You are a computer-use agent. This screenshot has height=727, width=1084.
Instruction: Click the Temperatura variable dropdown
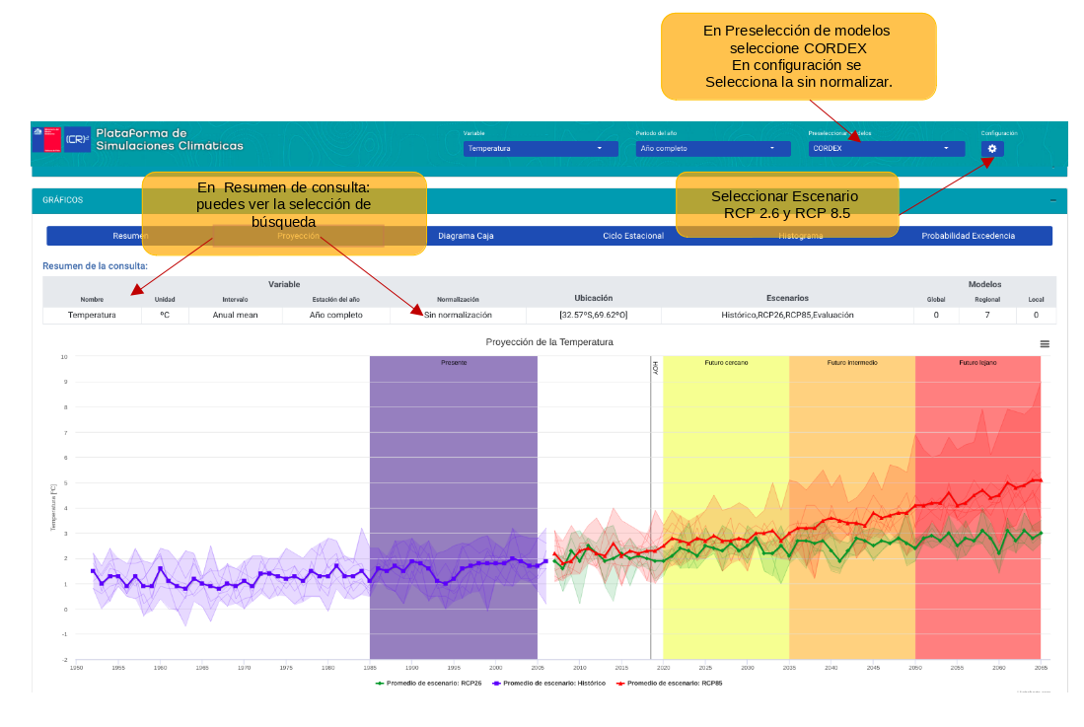click(x=536, y=149)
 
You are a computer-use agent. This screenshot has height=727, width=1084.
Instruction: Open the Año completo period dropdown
click(x=712, y=149)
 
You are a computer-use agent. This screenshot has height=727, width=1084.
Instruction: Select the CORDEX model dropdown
click(x=885, y=149)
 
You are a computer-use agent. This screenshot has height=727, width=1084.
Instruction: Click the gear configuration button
click(x=992, y=149)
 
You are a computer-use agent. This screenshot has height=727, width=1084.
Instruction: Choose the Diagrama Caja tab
click(x=466, y=237)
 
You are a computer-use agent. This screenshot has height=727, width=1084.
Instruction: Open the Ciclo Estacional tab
click(x=633, y=237)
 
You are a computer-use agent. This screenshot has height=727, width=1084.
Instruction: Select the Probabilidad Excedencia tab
click(x=968, y=237)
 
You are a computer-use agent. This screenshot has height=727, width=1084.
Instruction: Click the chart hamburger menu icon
click(x=1045, y=344)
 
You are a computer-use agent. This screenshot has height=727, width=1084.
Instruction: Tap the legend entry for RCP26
click(x=429, y=683)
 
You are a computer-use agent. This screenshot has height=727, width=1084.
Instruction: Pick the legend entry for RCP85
click(x=668, y=683)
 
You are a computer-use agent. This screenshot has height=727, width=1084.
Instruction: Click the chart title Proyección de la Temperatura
click(x=549, y=342)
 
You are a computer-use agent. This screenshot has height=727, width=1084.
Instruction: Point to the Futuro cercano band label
click(x=726, y=363)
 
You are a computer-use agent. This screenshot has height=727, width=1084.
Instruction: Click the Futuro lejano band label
click(x=977, y=363)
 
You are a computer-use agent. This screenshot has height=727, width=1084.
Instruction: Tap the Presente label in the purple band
click(x=454, y=363)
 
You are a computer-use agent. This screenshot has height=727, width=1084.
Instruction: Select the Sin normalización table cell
click(x=458, y=315)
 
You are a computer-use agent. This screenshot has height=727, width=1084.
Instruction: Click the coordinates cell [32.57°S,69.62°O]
click(x=594, y=315)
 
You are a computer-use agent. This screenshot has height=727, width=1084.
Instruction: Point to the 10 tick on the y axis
click(x=64, y=358)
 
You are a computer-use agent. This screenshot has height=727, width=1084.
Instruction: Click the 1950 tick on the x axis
click(x=76, y=668)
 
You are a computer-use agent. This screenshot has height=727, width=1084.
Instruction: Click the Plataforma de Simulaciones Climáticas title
click(x=169, y=139)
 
